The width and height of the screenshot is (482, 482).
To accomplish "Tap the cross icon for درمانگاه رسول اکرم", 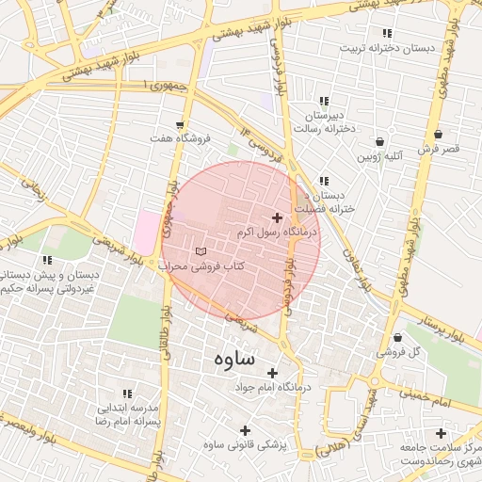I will [276, 217].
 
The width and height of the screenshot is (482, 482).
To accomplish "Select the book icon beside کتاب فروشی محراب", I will [200, 251].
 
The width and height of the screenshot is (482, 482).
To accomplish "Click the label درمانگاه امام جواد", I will [278, 387].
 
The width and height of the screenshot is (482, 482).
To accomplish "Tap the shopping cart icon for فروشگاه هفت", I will [180, 124].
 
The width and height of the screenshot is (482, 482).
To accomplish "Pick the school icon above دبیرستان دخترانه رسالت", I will [324, 101].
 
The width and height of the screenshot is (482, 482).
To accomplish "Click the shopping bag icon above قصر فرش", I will [438, 135].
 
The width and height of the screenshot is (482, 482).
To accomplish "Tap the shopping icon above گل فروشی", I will [397, 337].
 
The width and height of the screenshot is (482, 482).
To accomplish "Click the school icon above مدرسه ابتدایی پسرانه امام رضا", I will [127, 394].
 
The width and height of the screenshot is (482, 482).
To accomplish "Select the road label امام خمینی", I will [432, 402].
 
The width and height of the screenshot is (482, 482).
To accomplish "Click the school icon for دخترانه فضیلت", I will [324, 181].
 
